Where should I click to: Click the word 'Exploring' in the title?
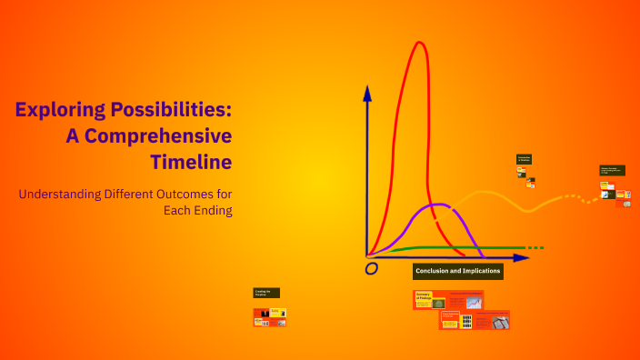[57, 111]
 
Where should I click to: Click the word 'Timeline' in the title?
[191, 162]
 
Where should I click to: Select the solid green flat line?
[455, 247]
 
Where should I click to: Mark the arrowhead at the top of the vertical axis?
[367, 91]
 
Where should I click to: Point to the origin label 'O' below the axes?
[371, 269]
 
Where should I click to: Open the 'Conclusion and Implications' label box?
[457, 271]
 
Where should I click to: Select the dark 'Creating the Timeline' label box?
[266, 293]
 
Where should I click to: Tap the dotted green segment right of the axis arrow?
[536, 247]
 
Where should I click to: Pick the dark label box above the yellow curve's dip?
[524, 159]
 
